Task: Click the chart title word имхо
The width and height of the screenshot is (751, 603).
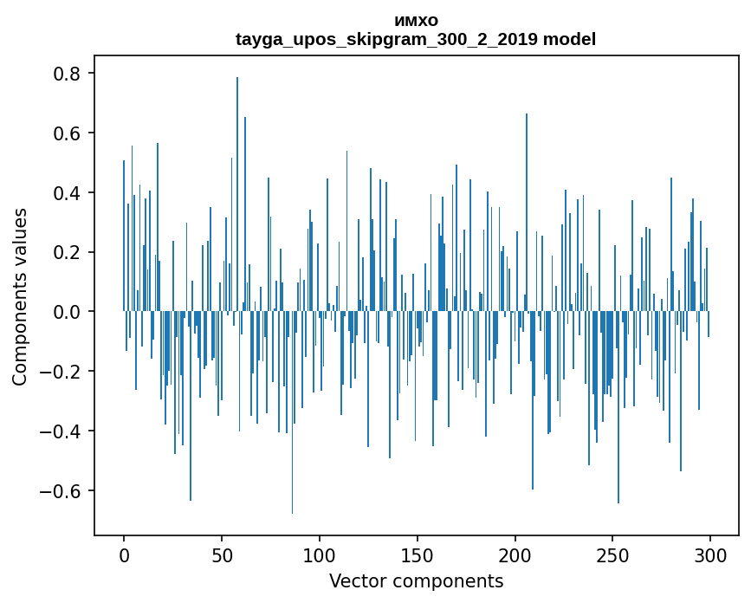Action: [x=416, y=21]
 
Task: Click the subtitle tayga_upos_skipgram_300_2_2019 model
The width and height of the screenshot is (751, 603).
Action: [x=416, y=39]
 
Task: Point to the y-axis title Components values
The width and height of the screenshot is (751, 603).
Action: [x=20, y=296]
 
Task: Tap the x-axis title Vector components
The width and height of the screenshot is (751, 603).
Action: [x=416, y=580]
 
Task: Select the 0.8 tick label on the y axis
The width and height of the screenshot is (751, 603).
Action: [x=68, y=74]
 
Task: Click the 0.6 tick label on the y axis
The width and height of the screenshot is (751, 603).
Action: [x=68, y=133]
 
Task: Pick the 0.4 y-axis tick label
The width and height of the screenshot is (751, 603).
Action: [x=68, y=192]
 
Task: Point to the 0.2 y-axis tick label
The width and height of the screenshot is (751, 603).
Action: [x=68, y=252]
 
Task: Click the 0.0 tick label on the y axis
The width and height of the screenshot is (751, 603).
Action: [x=68, y=312]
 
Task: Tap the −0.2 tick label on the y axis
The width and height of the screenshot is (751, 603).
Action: [x=63, y=372]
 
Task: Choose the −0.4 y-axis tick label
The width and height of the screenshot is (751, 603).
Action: [x=63, y=431]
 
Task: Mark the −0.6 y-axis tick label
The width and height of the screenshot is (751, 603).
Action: [x=63, y=491]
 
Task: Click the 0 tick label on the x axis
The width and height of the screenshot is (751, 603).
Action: [x=124, y=554]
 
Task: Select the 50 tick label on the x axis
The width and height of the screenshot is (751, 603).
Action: [x=222, y=554]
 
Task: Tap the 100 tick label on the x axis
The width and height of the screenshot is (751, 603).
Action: [x=320, y=554]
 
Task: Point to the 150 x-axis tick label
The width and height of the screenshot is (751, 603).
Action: [x=418, y=554]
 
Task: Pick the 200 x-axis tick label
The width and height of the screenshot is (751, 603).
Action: [x=515, y=554]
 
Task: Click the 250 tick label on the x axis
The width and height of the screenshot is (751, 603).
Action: [x=613, y=554]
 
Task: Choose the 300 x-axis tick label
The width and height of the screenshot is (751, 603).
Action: [x=711, y=554]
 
